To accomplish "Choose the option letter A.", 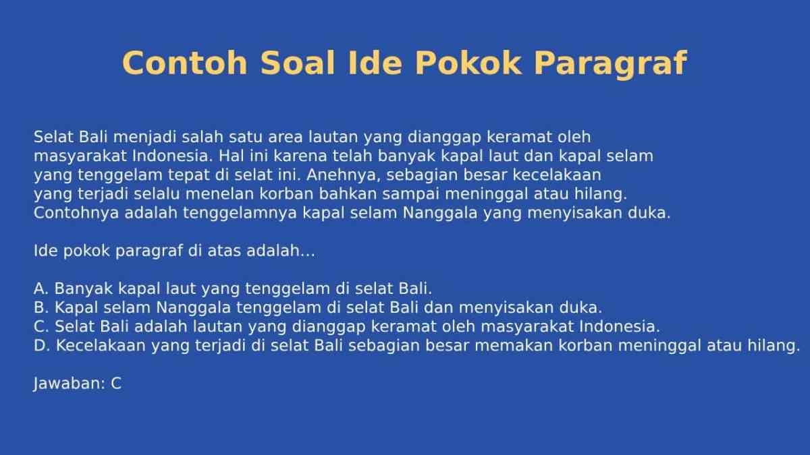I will [x=40, y=289].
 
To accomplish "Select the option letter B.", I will [x=40, y=308].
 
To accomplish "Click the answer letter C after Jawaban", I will [x=116, y=384].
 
